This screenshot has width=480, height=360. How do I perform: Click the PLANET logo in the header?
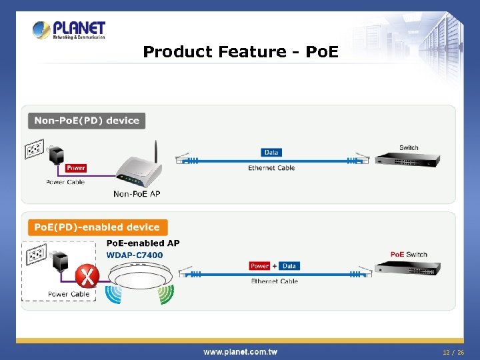(x=69, y=30)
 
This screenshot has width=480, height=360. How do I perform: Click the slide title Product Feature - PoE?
(x=241, y=51)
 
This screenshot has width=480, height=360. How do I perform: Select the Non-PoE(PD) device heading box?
(x=87, y=121)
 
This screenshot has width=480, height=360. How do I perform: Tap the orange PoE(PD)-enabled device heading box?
(x=97, y=227)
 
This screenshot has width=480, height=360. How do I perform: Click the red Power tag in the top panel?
(x=76, y=168)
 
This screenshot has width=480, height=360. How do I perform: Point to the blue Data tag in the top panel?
(x=271, y=153)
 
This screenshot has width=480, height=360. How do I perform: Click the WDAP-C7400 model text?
(x=135, y=255)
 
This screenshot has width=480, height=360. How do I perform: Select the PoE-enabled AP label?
(x=143, y=244)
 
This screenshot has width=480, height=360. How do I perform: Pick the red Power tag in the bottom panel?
(x=259, y=266)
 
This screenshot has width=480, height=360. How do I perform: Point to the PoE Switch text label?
(x=409, y=255)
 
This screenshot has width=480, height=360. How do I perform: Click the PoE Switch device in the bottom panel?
(x=405, y=268)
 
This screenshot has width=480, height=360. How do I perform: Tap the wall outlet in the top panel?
(x=35, y=149)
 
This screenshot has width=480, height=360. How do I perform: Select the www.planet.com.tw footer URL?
(x=241, y=351)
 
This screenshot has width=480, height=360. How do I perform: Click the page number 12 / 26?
(x=453, y=351)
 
